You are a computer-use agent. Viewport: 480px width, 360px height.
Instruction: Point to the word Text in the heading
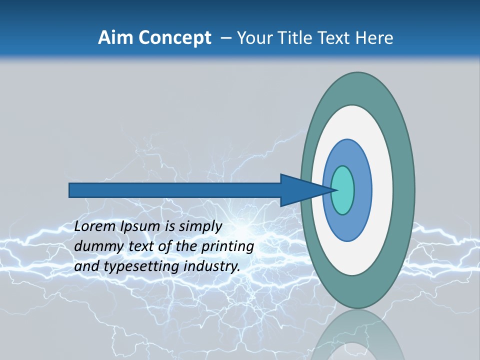(335, 38)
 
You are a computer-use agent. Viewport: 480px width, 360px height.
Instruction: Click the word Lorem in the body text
(95, 226)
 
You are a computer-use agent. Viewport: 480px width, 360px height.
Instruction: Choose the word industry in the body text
(212, 266)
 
